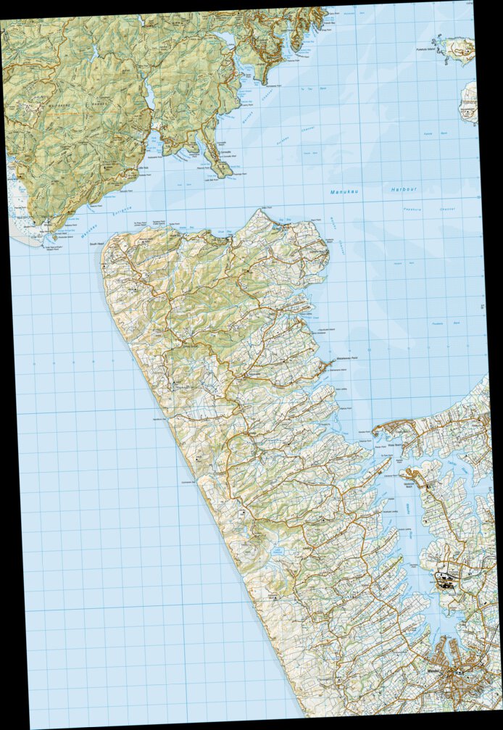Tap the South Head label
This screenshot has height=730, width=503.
point(96,244)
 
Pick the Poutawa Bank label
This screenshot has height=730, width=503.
point(441,324)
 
